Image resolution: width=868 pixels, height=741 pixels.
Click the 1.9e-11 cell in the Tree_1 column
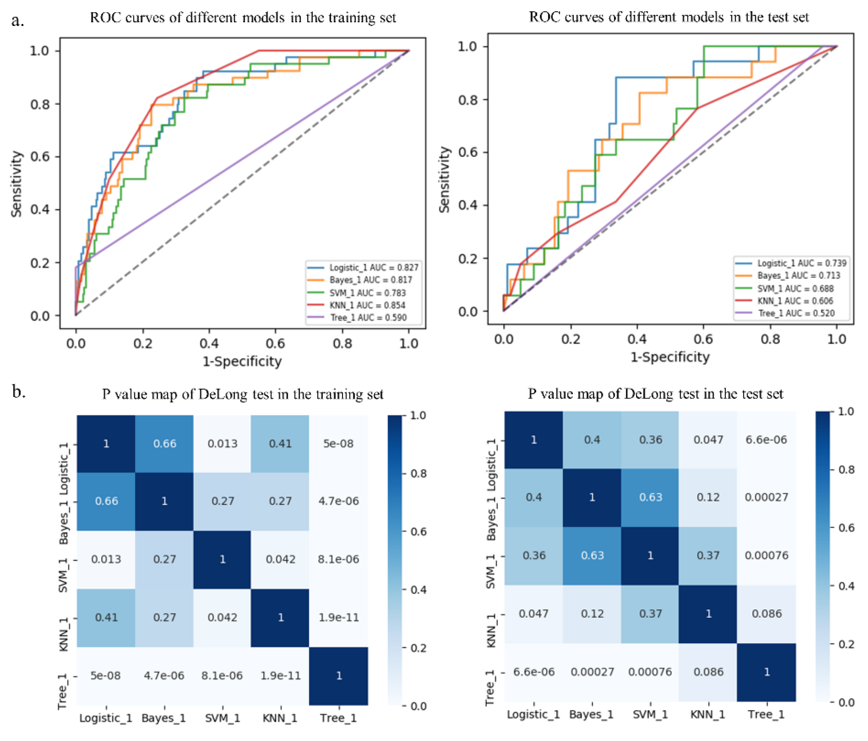click(x=339, y=617)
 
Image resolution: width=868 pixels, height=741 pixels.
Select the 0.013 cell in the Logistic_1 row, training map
click(x=223, y=444)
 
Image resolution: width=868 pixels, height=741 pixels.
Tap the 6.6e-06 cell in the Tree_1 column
click(x=766, y=440)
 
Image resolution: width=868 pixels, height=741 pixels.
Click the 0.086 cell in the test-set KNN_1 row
click(x=766, y=614)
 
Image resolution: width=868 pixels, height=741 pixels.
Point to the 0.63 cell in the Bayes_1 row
click(x=650, y=497)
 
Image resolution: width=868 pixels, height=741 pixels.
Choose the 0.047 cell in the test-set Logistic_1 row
click(x=708, y=440)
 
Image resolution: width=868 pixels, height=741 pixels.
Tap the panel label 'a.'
click(x=17, y=20)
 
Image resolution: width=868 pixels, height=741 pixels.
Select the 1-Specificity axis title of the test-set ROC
click(x=670, y=357)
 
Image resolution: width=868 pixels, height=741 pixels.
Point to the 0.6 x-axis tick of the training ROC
click(x=275, y=343)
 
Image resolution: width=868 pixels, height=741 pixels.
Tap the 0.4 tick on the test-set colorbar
click(x=846, y=586)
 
